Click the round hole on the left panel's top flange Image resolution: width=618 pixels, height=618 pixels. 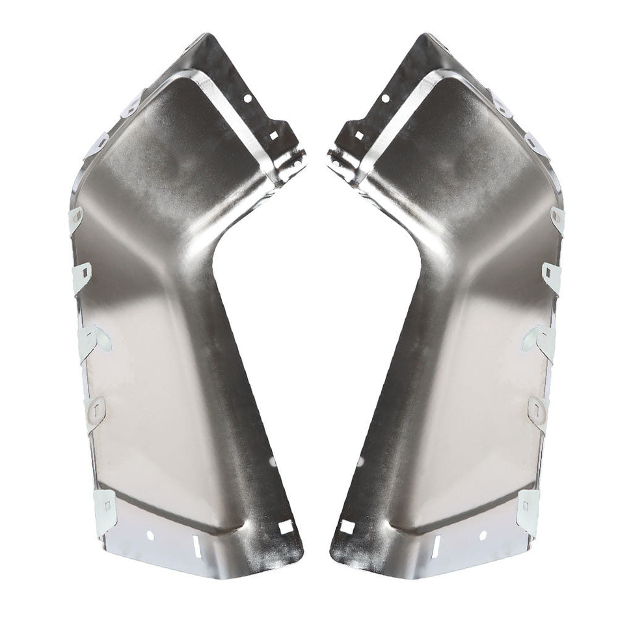248,100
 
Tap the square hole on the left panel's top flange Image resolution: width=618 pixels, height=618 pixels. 273,136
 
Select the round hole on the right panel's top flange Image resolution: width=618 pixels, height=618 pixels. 384,98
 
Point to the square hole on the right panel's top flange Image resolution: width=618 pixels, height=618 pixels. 358,136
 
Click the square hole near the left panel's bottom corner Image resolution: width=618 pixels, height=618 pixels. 284,528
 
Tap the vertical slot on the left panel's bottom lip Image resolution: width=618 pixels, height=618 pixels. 196,547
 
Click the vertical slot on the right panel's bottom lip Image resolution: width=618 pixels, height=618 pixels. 436,544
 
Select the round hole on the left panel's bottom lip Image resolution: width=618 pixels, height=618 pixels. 150,535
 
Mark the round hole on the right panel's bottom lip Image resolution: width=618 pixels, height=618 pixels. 482,535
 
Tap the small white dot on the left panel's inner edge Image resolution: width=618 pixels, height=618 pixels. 273,461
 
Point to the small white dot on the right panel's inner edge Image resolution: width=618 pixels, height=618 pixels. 360,461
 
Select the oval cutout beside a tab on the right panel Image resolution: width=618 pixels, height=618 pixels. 530,338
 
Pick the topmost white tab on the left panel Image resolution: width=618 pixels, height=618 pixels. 132,104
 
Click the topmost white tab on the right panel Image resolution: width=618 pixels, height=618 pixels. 502,104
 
